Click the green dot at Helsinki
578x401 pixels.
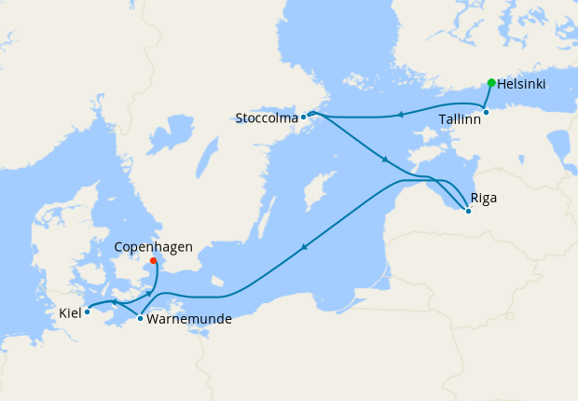coord(491,83)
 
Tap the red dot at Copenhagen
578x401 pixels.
coord(153,261)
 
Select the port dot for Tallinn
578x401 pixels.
coord(486,113)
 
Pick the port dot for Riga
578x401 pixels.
coord(468,211)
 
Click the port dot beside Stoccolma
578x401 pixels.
coord(304,118)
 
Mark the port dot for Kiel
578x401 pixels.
coord(87,311)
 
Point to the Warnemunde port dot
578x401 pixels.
coord(140,319)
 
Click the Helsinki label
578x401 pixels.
coord(521,84)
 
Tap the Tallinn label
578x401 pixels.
coord(460,120)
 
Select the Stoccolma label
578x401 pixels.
coord(267,118)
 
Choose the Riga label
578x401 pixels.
coord(485,199)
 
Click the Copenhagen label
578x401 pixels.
coord(153,247)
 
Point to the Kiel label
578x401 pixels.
coord(70,312)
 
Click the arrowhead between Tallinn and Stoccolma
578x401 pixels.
coord(399,115)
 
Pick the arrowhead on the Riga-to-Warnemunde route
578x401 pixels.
coord(303,247)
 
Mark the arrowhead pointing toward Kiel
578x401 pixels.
coord(113,302)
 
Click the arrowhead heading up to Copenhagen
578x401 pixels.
coord(148,294)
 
